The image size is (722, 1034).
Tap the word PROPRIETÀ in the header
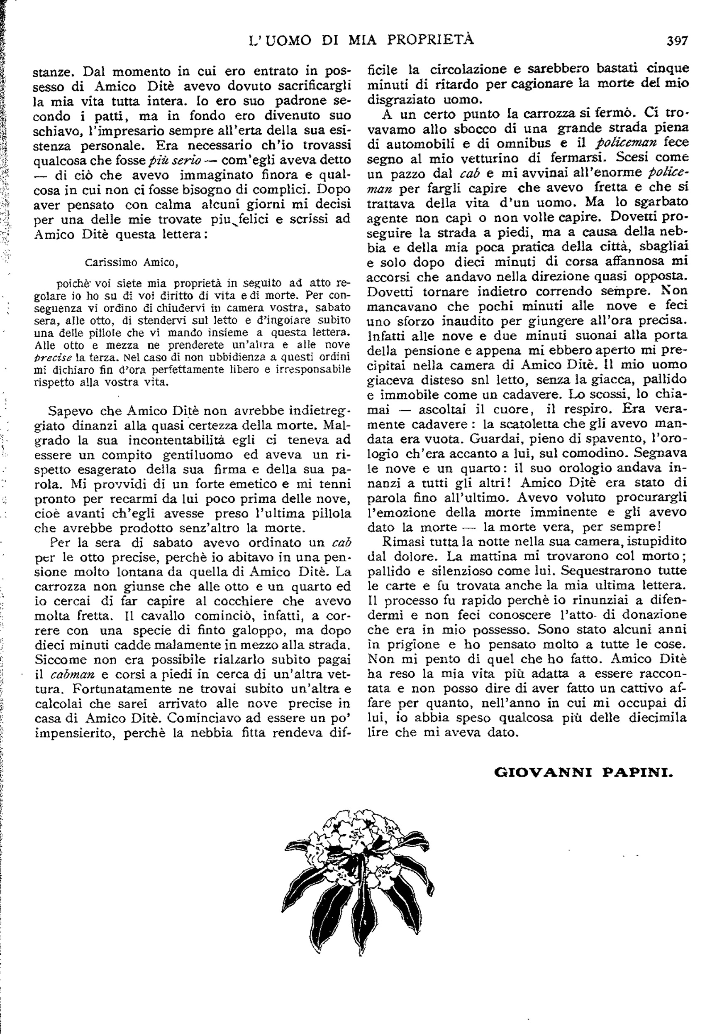click(x=430, y=40)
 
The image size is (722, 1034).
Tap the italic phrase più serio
click(x=173, y=160)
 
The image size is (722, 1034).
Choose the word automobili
click(x=419, y=143)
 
